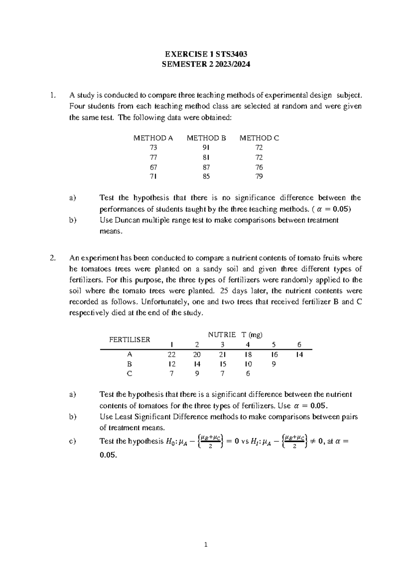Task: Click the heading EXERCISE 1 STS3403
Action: tap(206, 54)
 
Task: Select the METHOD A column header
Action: tap(153, 138)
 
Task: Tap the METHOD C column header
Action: tap(259, 138)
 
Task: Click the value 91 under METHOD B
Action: tap(206, 148)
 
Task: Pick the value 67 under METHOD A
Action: tap(153, 167)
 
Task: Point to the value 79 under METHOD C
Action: tap(259, 177)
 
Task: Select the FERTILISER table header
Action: tap(129, 340)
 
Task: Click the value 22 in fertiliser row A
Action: tap(171, 355)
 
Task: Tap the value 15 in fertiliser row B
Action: tap(222, 364)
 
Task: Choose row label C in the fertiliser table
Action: tap(129, 374)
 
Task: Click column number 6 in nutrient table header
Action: tap(299, 345)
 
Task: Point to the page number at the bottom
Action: tap(206, 545)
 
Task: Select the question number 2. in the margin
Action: tap(52, 258)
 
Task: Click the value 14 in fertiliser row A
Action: tap(299, 355)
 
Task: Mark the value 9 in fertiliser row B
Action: tap(274, 364)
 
